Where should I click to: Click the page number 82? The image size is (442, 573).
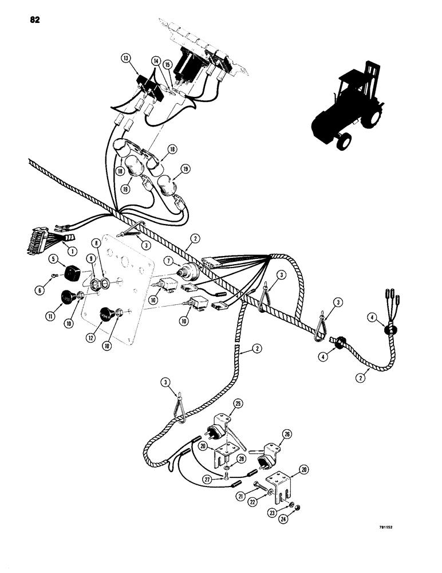[x=33, y=21]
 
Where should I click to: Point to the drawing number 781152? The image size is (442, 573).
[x=390, y=538]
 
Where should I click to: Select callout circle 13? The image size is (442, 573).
[x=125, y=58]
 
